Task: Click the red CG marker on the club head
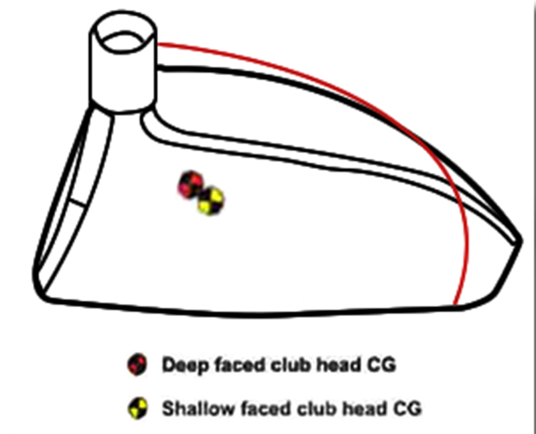coord(191,184)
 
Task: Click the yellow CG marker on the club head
coord(211,201)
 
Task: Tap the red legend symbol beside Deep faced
coord(137,365)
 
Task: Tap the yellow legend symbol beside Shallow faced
coord(137,407)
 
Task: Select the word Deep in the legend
coord(183,366)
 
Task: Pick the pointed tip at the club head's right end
coord(520,239)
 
